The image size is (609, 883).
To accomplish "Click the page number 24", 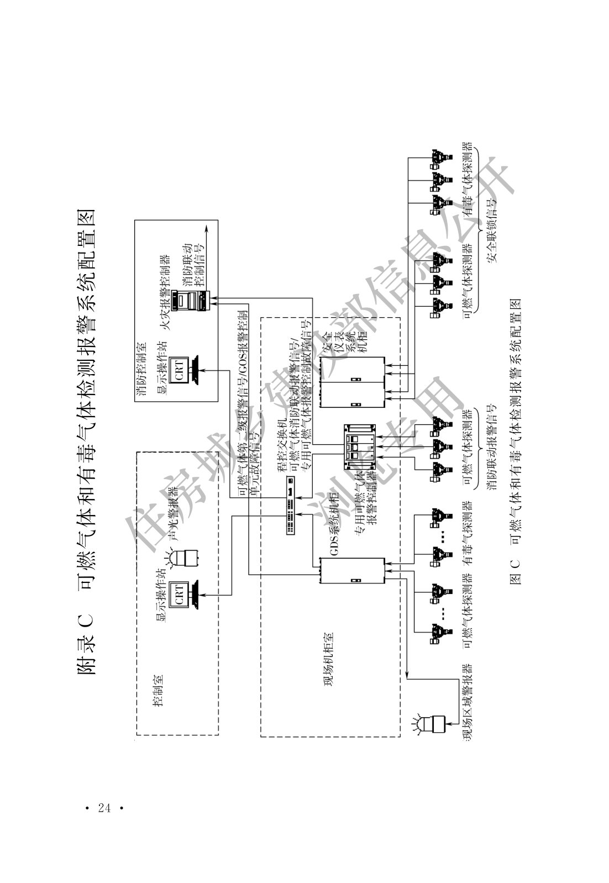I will pos(103,808).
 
